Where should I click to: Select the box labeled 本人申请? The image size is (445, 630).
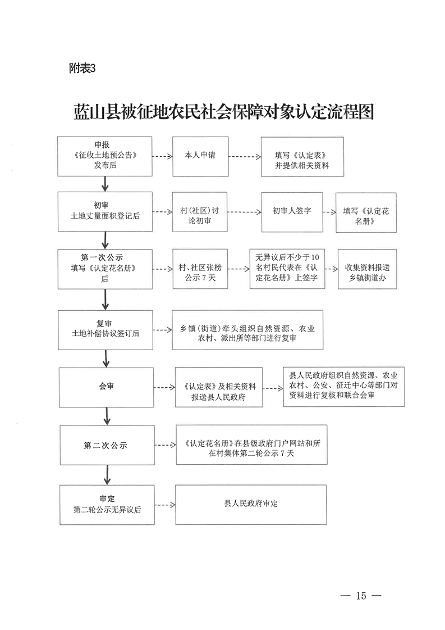[200, 155]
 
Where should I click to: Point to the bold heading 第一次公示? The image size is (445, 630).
[104, 258]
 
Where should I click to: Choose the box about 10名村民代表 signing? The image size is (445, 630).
[287, 269]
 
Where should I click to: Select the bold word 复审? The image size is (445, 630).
[104, 323]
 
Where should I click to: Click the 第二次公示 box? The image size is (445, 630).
[107, 446]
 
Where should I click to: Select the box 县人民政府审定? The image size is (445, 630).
[251, 504]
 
